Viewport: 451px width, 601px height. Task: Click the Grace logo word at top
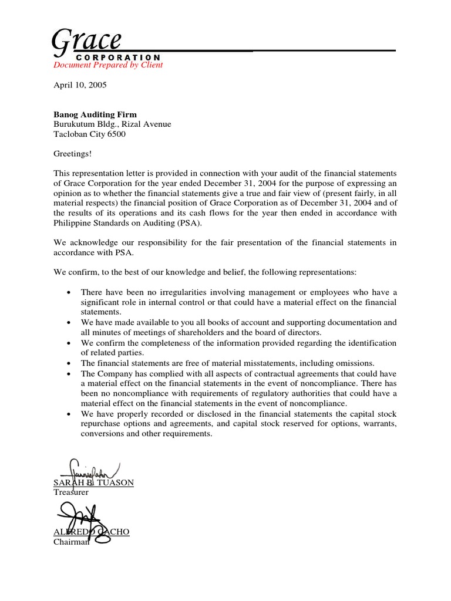pyautogui.click(x=86, y=42)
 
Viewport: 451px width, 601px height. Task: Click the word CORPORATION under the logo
pyautogui.click(x=119, y=57)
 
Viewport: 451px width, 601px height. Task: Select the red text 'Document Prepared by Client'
pyautogui.click(x=108, y=65)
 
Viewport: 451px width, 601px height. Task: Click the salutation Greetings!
pyautogui.click(x=73, y=154)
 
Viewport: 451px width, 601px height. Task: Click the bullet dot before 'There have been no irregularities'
pyautogui.click(x=70, y=293)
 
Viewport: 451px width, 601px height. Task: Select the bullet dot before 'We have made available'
pyautogui.click(x=70, y=323)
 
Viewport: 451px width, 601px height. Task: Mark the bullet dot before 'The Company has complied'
pyautogui.click(x=70, y=374)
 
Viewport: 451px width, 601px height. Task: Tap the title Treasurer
pyautogui.click(x=71, y=492)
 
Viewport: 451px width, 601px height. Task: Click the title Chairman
pyautogui.click(x=71, y=542)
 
